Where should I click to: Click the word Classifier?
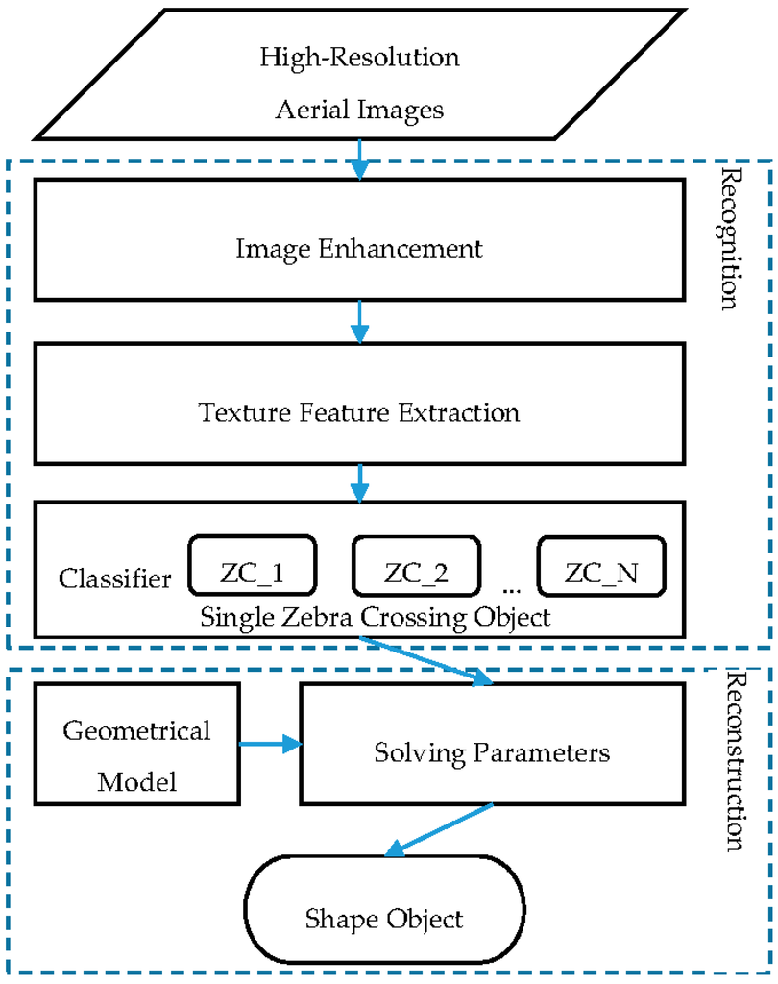115,578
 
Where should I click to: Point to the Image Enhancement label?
359,249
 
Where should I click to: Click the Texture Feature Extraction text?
359,412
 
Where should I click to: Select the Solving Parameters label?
492,751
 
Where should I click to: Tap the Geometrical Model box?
136,754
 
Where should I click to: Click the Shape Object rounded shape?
384,918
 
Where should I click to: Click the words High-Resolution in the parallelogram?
359,57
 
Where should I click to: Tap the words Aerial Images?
359,110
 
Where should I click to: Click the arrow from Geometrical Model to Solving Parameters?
270,743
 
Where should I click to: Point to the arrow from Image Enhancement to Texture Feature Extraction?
359,321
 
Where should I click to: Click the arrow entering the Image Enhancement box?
359,160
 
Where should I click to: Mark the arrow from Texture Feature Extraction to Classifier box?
359,482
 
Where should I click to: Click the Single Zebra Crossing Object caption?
376,617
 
